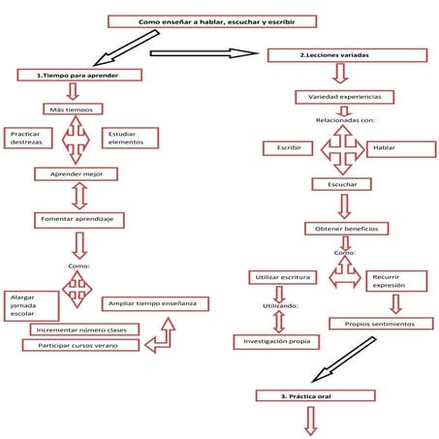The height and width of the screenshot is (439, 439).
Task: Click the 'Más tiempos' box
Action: click(73, 110)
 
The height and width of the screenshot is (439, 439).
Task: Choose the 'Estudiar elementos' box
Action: click(129, 139)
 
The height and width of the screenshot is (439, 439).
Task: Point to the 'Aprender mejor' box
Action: click(75, 174)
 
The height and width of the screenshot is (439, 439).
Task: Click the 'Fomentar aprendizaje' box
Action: click(77, 220)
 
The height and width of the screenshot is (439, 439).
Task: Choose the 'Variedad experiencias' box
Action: click(344, 98)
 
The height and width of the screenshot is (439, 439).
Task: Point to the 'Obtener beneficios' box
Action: click(347, 229)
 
